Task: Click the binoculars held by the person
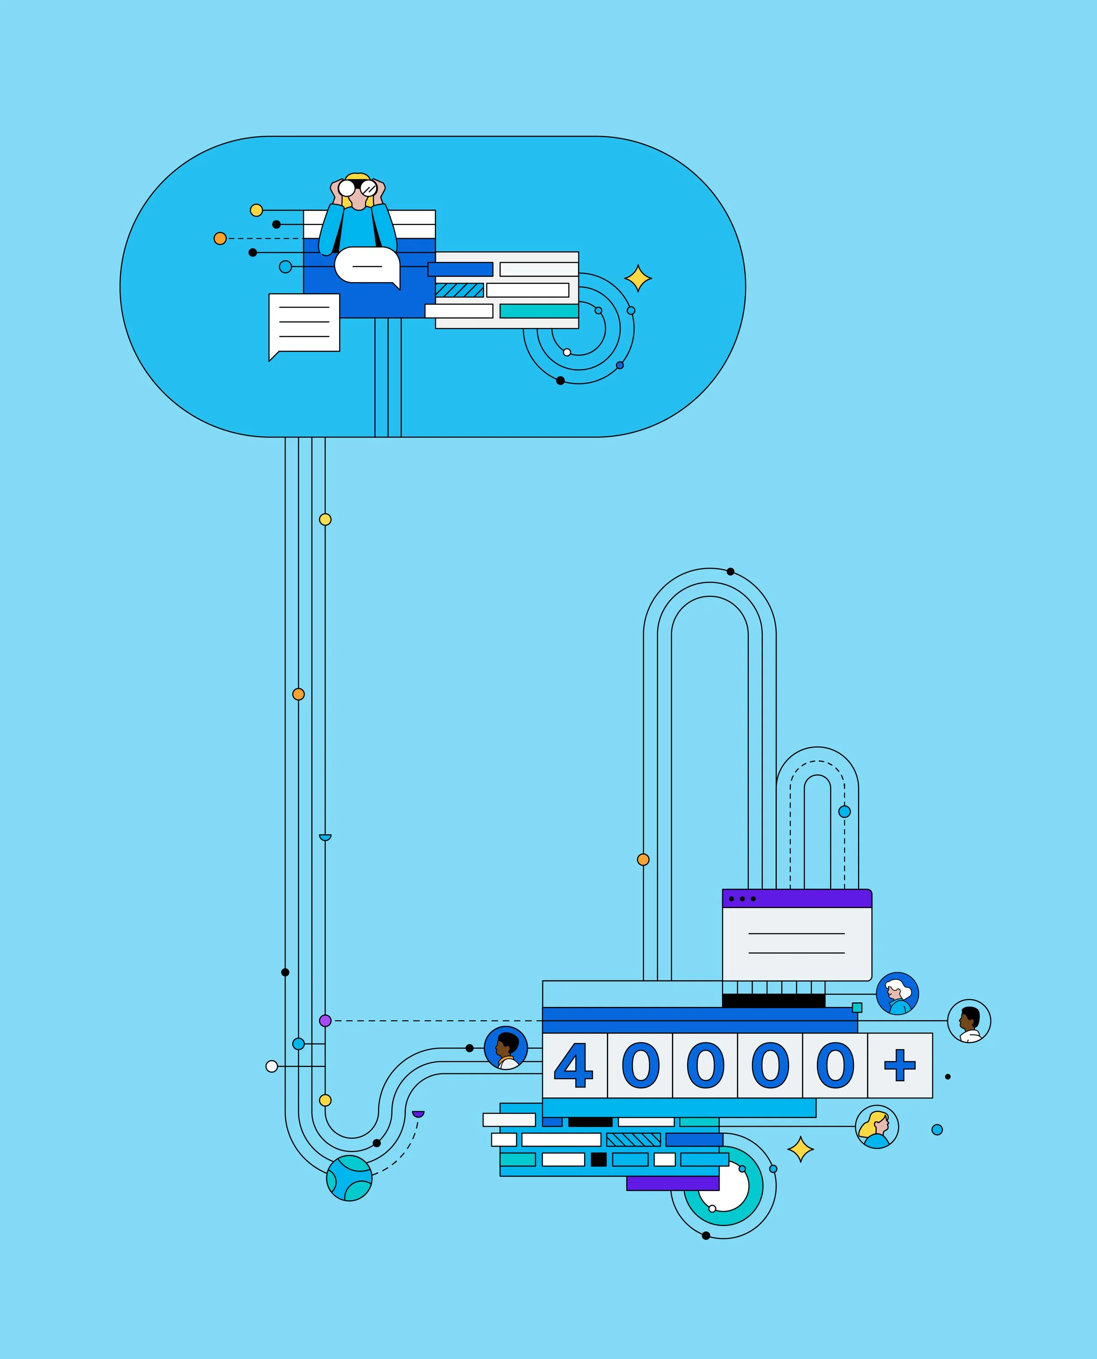358,188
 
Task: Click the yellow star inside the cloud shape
638,279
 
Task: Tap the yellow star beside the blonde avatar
801,1149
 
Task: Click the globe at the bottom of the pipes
349,1178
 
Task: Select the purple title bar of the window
797,898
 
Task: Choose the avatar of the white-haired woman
897,993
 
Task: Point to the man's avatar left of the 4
505,1048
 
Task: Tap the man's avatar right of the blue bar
969,1020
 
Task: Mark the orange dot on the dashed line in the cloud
220,239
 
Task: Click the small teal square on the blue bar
857,1007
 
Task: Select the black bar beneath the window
774,1000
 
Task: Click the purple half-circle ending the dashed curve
418,1113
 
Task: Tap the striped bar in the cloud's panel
459,290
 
